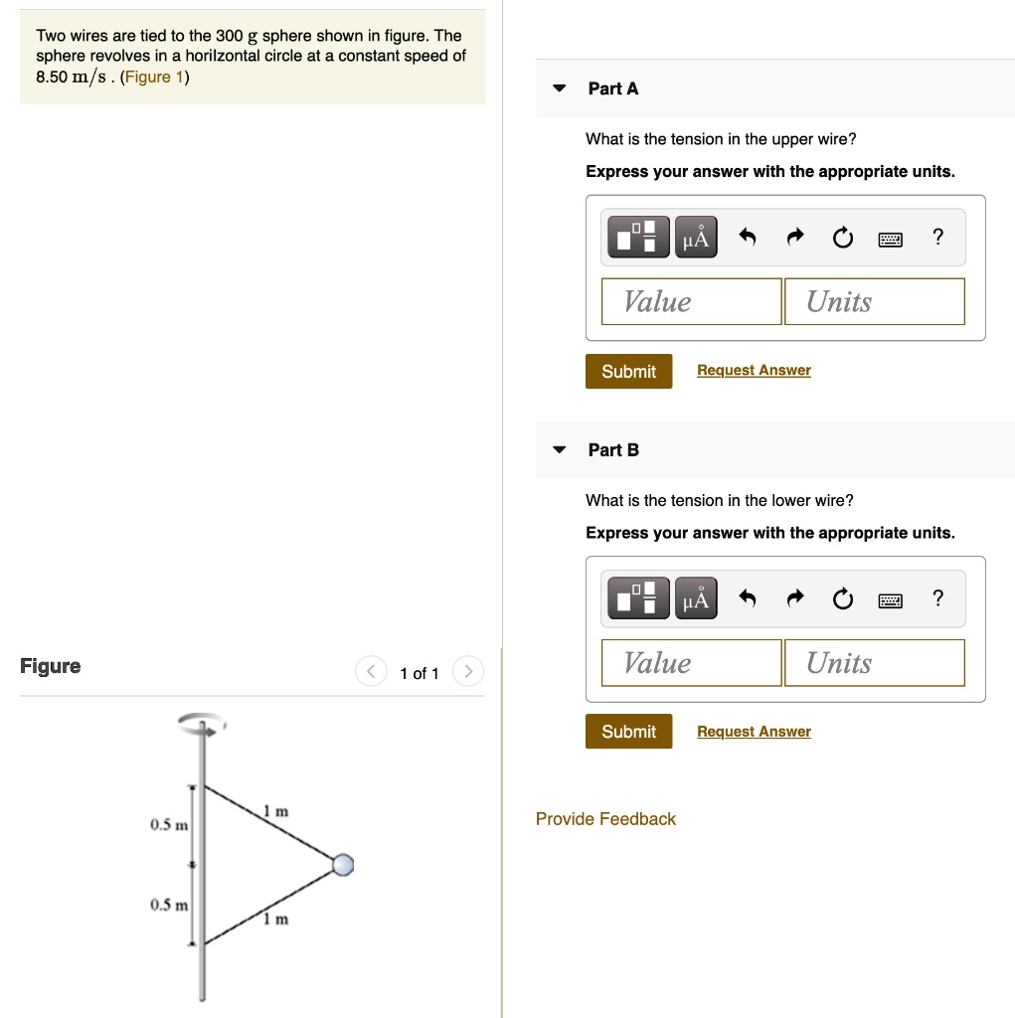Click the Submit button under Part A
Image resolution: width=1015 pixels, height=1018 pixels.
click(628, 371)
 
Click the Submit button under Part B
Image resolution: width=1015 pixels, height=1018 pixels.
click(628, 732)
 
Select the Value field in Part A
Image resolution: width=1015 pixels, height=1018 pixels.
click(691, 301)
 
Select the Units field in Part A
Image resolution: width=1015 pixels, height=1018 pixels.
click(873, 301)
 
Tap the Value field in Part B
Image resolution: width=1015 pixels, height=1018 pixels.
click(691, 663)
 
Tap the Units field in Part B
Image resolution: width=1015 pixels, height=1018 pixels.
click(873, 663)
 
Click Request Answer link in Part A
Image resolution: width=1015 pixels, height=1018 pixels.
click(754, 370)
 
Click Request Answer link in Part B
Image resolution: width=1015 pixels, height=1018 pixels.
click(754, 732)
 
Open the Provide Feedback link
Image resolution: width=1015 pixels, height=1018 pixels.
click(605, 819)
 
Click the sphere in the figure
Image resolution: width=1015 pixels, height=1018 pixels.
click(343, 865)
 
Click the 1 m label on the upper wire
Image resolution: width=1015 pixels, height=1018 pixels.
click(275, 812)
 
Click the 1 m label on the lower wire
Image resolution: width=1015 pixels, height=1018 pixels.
click(275, 920)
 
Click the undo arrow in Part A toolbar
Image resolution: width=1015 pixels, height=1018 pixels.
click(748, 238)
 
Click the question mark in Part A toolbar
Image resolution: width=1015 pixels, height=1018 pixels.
click(936, 237)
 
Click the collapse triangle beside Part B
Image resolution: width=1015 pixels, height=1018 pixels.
click(560, 450)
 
